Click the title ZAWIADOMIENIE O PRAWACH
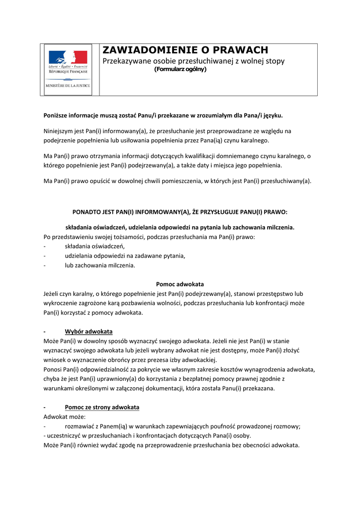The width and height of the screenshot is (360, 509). pyautogui.click(x=185, y=50)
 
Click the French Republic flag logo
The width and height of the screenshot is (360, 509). pyautogui.click(x=68, y=57)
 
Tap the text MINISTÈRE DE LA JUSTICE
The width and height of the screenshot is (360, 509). pyautogui.click(x=68, y=85)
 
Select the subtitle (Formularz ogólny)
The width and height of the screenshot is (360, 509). pyautogui.click(x=180, y=69)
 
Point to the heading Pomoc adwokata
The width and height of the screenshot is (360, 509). pyautogui.click(x=180, y=284)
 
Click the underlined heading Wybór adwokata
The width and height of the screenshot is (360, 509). pyautogui.click(x=89, y=332)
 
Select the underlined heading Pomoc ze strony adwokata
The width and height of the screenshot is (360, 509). pyautogui.click(x=102, y=407)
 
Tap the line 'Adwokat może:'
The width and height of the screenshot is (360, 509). pyautogui.click(x=65, y=417)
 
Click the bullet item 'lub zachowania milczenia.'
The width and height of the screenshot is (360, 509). pyautogui.click(x=100, y=265)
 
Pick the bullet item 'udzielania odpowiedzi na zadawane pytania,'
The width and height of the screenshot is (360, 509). pyautogui.click(x=125, y=256)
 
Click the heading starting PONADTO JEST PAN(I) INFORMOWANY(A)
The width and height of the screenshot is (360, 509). pyautogui.click(x=180, y=212)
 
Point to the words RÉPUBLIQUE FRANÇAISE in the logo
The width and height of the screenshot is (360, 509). pyautogui.click(x=68, y=71)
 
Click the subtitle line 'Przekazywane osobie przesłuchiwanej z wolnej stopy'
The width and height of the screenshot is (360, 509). pyautogui.click(x=193, y=61)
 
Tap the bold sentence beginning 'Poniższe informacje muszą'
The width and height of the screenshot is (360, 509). pyautogui.click(x=163, y=115)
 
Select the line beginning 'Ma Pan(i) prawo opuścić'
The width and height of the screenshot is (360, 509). pyautogui.click(x=178, y=181)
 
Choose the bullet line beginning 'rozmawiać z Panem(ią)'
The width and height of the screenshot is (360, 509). pyautogui.click(x=182, y=426)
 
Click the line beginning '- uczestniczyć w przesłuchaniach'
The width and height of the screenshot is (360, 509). pyautogui.click(x=147, y=435)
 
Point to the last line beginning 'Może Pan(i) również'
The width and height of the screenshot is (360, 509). pyautogui.click(x=172, y=445)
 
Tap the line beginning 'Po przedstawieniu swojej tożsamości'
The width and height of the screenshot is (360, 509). pyautogui.click(x=149, y=237)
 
